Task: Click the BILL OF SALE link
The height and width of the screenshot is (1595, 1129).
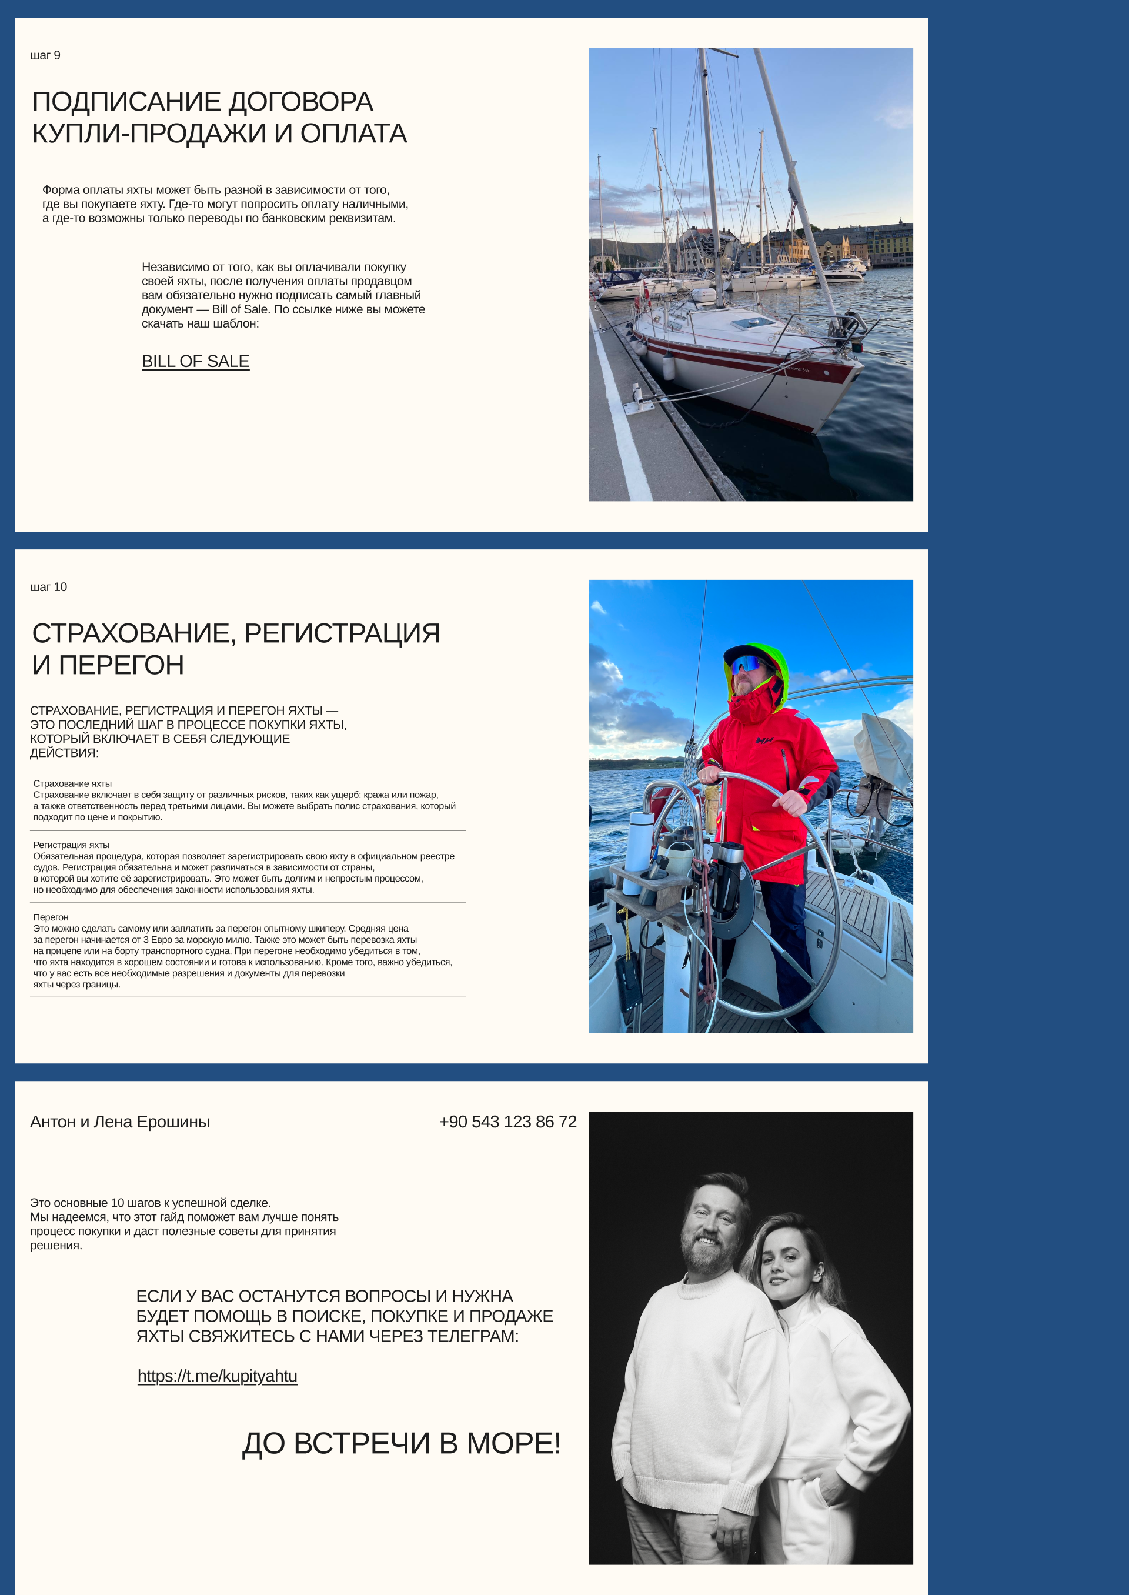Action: click(195, 362)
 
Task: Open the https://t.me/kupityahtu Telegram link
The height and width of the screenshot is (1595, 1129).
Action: click(217, 1376)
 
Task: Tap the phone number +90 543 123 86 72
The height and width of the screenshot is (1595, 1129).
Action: click(507, 1122)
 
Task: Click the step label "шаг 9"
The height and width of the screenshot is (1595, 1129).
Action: click(45, 56)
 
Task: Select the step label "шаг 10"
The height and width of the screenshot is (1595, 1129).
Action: click(49, 587)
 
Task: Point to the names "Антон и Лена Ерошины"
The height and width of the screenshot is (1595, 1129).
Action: click(119, 1122)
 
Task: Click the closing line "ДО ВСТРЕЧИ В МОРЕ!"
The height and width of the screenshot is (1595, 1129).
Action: click(401, 1443)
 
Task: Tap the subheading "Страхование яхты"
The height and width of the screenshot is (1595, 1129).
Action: click(72, 783)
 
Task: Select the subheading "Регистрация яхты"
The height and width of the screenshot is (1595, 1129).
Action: click(72, 845)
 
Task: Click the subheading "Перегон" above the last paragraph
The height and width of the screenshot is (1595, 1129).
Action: click(51, 917)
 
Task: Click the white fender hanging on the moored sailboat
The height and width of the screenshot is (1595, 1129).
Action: click(668, 365)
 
